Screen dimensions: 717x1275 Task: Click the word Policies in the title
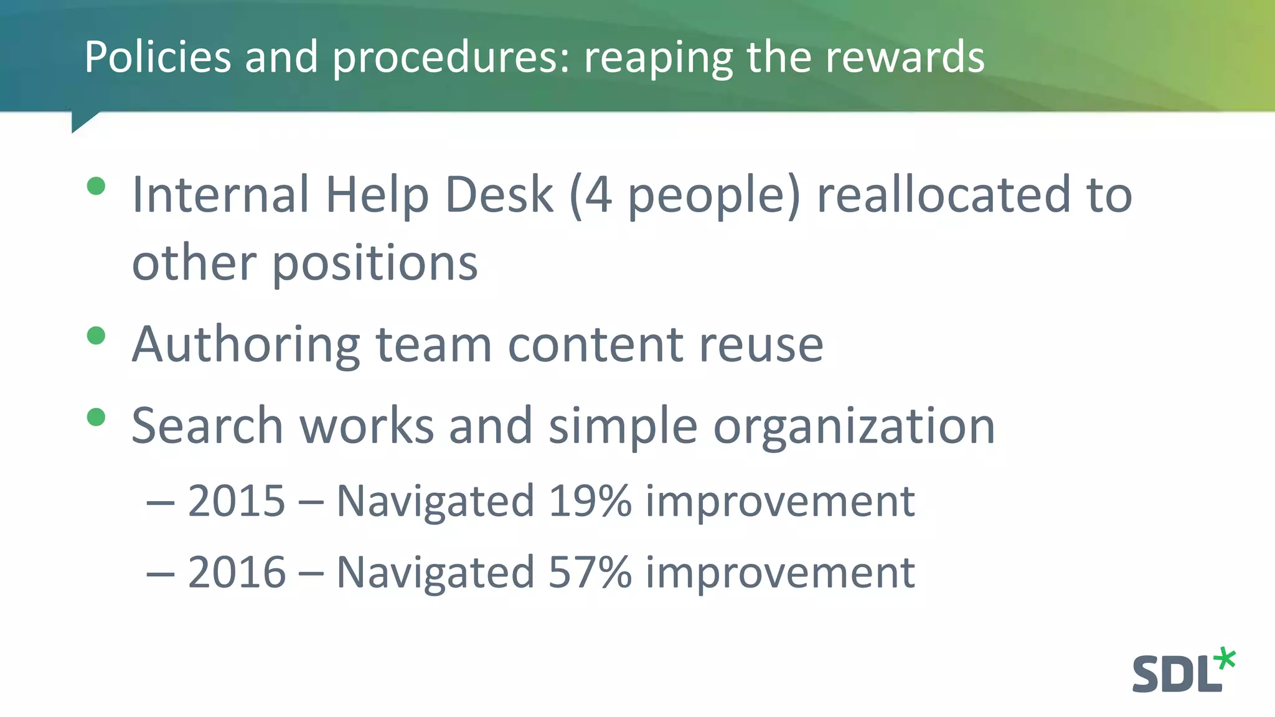(158, 57)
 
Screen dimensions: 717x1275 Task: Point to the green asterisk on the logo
(1225, 658)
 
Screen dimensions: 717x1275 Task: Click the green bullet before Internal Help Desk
(96, 186)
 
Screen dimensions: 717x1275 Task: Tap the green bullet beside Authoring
(96, 336)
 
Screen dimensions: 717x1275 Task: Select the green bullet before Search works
(96, 417)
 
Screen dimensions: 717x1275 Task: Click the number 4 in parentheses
(598, 195)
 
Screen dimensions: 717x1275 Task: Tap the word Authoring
(247, 345)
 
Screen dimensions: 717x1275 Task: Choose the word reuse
(761, 345)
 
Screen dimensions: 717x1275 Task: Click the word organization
(854, 427)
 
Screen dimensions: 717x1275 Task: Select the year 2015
(237, 501)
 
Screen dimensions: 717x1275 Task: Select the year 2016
(237, 573)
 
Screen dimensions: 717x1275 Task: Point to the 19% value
(590, 501)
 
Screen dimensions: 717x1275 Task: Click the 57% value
(590, 573)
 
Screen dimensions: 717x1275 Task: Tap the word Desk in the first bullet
(499, 195)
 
